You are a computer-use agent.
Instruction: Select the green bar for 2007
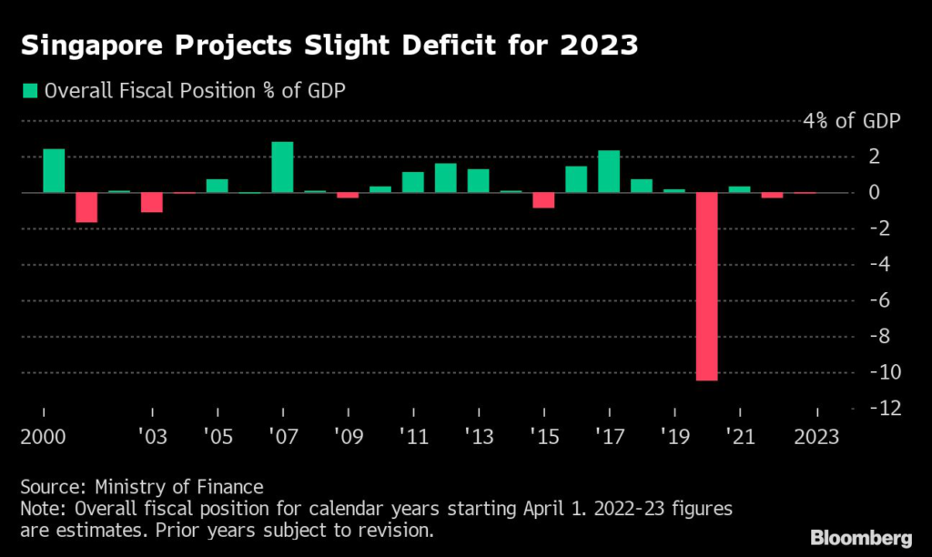283,167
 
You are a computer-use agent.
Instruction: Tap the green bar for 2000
55,171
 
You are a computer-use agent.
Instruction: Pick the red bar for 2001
86,208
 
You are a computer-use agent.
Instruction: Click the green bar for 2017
609,172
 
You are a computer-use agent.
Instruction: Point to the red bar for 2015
543,200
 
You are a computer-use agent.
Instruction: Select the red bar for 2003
152,202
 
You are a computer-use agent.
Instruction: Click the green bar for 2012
446,178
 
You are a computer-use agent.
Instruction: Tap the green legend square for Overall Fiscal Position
30,90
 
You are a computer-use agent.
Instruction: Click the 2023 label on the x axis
817,436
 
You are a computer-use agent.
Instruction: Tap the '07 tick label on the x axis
283,436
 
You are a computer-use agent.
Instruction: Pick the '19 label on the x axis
674,436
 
